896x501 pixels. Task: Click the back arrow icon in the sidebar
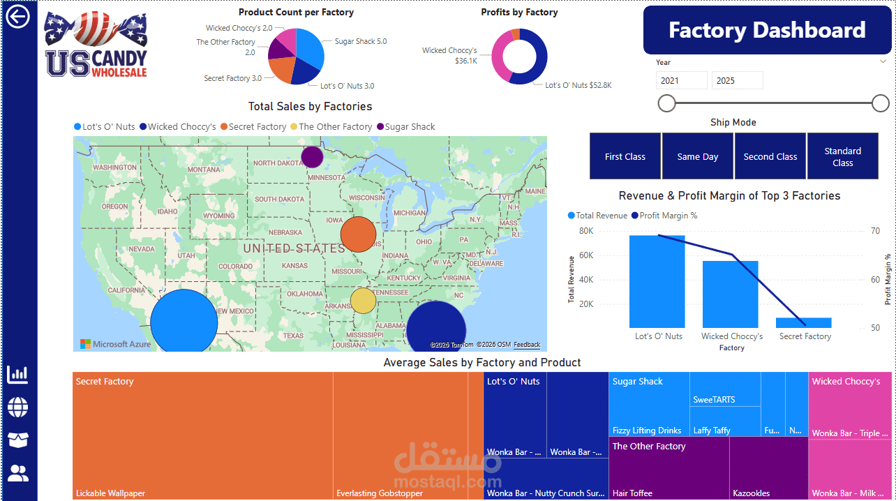pyautogui.click(x=17, y=17)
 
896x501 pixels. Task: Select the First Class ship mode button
pyautogui.click(x=625, y=156)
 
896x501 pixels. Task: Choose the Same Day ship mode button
pyautogui.click(x=698, y=156)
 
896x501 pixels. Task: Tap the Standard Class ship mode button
pyautogui.click(x=842, y=156)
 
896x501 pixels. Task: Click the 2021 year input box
pyautogui.click(x=682, y=80)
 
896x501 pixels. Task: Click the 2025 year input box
pyautogui.click(x=737, y=80)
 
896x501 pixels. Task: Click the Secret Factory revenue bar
pyautogui.click(x=804, y=322)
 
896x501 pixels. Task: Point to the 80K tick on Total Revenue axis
pyautogui.click(x=586, y=231)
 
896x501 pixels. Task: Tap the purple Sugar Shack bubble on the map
pyautogui.click(x=312, y=157)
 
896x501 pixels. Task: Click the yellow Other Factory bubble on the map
pyautogui.click(x=363, y=301)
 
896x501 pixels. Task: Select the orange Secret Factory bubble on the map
pyautogui.click(x=358, y=234)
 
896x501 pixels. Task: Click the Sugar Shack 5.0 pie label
pyautogui.click(x=360, y=42)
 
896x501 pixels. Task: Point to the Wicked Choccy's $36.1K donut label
pyautogui.click(x=449, y=56)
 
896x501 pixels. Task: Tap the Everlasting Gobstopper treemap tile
pyautogui.click(x=400, y=436)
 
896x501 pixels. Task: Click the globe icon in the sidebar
pyautogui.click(x=18, y=407)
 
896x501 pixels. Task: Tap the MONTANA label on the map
pyautogui.click(x=204, y=170)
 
